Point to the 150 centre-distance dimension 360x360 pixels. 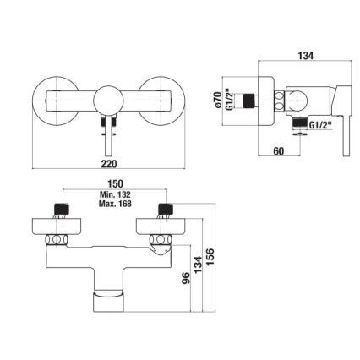point(117,184)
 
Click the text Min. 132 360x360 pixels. point(117,195)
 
